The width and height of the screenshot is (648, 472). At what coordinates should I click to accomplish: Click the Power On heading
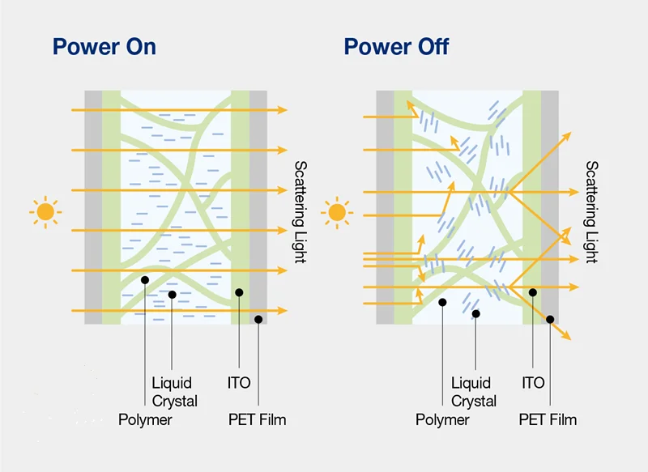[104, 46]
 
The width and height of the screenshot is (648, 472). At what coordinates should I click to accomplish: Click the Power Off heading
[396, 46]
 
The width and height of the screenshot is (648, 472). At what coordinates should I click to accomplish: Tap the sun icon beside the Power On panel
[45, 212]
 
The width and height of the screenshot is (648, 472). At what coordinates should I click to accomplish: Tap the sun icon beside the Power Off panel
[337, 213]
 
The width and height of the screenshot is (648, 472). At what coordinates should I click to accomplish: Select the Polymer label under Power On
[145, 419]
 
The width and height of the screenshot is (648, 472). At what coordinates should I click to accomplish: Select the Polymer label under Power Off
[442, 419]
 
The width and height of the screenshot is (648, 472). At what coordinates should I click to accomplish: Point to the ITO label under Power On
[240, 382]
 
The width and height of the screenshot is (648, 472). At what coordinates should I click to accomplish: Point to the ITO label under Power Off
[533, 382]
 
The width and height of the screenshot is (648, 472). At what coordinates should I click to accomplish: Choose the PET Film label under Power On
[257, 419]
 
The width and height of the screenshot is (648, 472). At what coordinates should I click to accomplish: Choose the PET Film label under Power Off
[548, 419]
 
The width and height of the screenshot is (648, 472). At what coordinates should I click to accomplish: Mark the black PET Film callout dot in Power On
[258, 320]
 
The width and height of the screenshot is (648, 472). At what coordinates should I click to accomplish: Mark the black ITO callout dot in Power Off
[532, 292]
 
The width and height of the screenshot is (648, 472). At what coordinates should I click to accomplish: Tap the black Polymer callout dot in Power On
[144, 280]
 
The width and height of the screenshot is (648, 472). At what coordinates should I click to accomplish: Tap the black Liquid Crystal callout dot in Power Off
[475, 313]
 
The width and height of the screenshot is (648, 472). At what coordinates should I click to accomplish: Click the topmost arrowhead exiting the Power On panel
[282, 109]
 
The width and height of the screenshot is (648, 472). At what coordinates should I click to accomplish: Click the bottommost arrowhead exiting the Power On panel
[282, 310]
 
